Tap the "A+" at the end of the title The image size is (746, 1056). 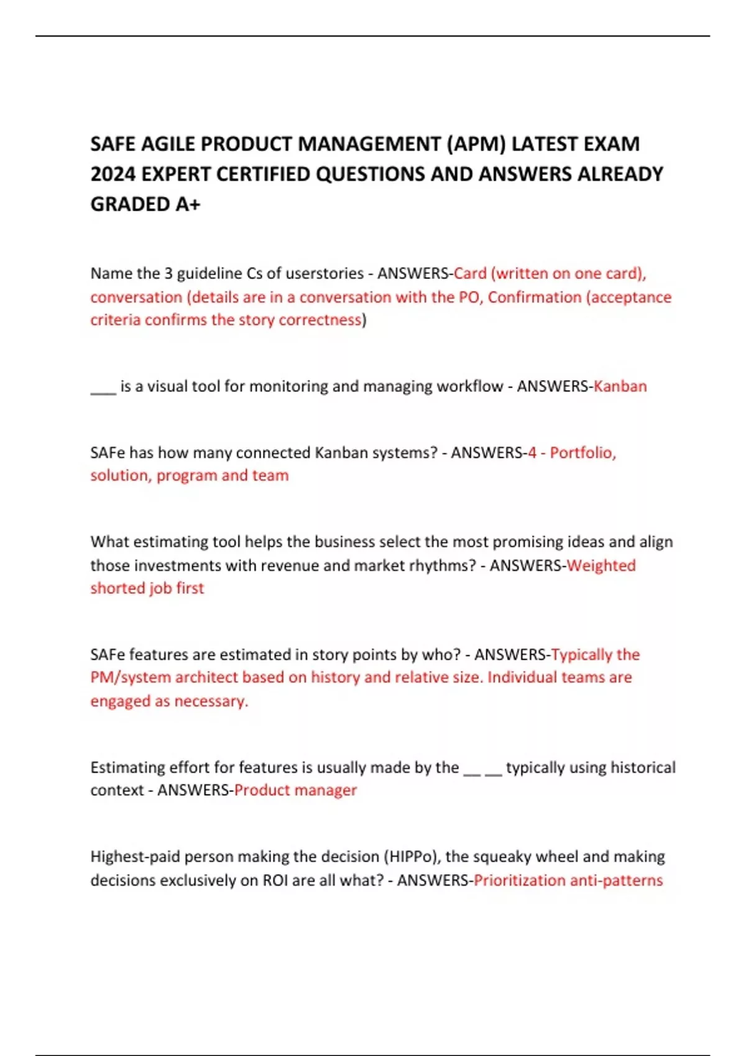coord(188,204)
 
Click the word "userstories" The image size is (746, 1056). coord(325,273)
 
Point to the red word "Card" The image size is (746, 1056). coord(470,273)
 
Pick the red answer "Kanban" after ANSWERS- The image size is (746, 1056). coord(620,386)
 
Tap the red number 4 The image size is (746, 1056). coord(532,453)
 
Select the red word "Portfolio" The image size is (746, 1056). coord(583,453)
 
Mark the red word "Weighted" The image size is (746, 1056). coord(601,566)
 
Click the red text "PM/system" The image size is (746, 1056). coord(131,678)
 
